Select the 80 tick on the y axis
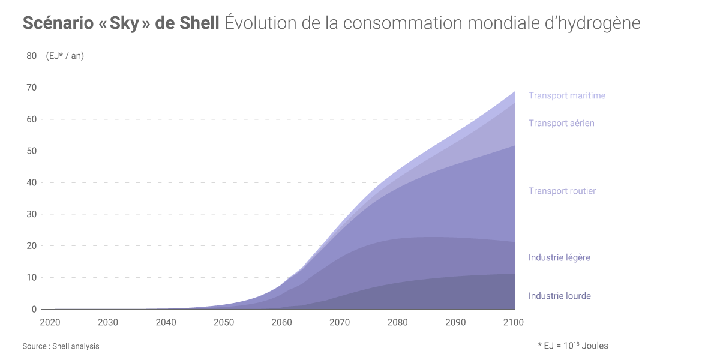31,56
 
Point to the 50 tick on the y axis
31,151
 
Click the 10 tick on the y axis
31,277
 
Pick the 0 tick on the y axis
34,309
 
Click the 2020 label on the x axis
50,322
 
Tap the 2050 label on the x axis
224,322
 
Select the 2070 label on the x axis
340,322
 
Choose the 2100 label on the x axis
514,322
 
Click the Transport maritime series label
566,95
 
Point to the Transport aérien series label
561,123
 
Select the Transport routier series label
562,191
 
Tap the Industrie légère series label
559,257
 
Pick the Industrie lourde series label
559,296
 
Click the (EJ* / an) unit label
65,56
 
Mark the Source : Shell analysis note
61,346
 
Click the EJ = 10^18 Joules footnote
573,346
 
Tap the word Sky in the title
124,23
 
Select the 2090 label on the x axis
455,322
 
